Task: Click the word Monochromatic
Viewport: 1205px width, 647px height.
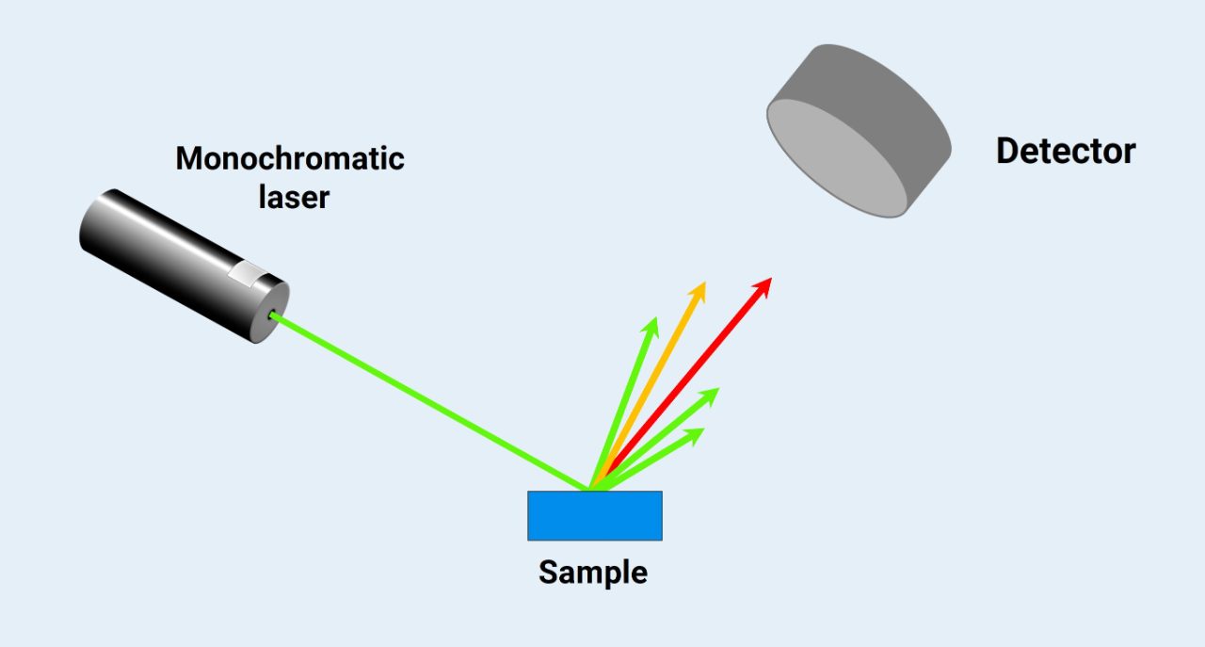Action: click(290, 158)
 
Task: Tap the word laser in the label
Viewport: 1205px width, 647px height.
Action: click(295, 198)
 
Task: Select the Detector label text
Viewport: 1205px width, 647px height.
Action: click(1066, 151)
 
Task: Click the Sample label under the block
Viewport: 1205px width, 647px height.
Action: click(593, 572)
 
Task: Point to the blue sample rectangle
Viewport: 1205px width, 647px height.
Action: click(594, 515)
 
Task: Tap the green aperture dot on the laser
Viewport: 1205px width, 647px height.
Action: click(273, 315)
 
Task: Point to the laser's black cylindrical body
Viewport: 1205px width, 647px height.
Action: click(160, 245)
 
